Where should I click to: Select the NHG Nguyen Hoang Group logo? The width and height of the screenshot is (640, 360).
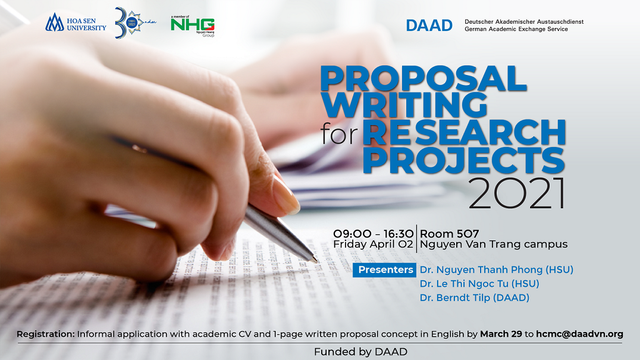(192, 25)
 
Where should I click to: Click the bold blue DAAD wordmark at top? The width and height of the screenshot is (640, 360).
(429, 26)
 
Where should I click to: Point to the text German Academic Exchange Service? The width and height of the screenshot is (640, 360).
(516, 29)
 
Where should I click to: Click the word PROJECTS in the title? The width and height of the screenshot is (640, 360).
(463, 161)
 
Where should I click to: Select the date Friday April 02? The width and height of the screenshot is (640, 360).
(373, 244)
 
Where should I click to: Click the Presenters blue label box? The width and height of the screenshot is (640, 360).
(385, 270)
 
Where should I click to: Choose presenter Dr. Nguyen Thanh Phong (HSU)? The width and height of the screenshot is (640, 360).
(496, 270)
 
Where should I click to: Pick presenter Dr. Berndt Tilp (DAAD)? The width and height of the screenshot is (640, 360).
(474, 298)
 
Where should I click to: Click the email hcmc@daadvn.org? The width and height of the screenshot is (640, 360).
(579, 334)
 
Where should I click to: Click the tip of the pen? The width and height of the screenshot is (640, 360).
(315, 260)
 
